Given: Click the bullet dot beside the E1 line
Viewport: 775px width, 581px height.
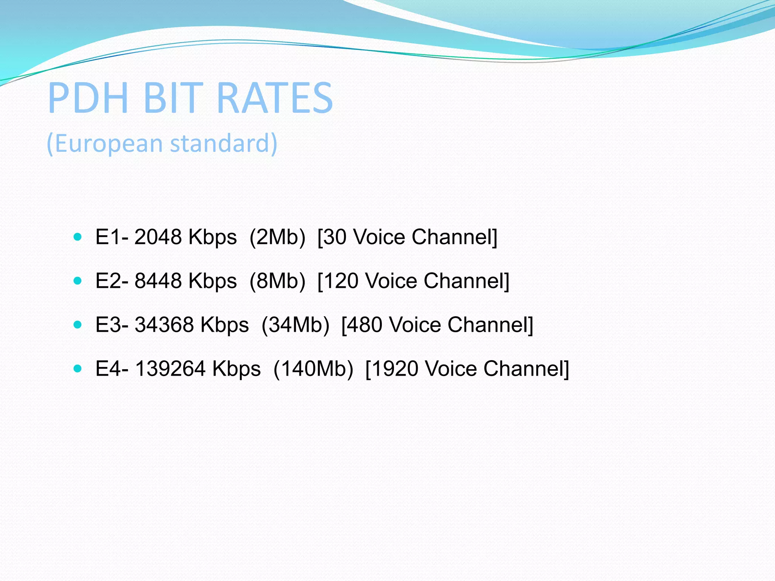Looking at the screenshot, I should pyautogui.click(x=78, y=237).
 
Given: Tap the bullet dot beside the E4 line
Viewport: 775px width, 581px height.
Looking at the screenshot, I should pyautogui.click(x=78, y=368).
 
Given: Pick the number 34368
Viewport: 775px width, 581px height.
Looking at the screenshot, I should pyautogui.click(x=164, y=325).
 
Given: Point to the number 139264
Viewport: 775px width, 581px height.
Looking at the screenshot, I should pyautogui.click(x=170, y=369).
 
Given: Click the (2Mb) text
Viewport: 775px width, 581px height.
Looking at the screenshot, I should pyautogui.click(x=277, y=237).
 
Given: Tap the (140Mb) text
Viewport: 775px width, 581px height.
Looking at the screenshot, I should pyautogui.click(x=313, y=369).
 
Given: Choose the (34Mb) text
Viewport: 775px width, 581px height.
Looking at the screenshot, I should pyautogui.click(x=296, y=325).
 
